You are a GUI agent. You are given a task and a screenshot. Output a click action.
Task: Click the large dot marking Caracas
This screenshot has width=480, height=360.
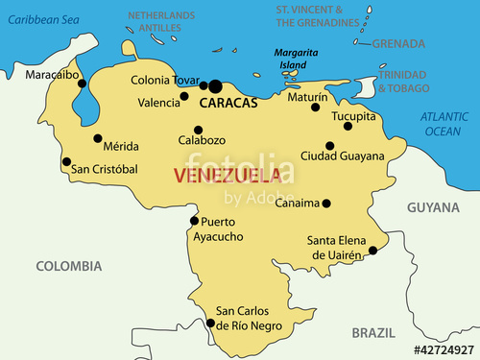pyautogui.click(x=215, y=86)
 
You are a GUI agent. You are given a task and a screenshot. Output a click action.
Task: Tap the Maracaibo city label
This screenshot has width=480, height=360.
pyautogui.click(x=51, y=74)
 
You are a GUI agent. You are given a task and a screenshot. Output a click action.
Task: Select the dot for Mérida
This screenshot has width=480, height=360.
pyautogui.click(x=97, y=138)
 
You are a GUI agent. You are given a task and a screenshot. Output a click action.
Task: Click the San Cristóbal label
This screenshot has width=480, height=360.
pyautogui.click(x=105, y=169)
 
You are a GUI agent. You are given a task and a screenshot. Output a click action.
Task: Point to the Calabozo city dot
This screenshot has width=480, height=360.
pyautogui.click(x=198, y=130)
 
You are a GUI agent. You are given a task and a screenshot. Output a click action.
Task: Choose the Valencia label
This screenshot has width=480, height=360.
pyautogui.click(x=158, y=102)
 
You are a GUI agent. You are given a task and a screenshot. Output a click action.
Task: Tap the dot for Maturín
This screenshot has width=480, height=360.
pyautogui.click(x=315, y=107)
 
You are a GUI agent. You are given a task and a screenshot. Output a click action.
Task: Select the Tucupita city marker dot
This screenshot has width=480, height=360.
pyautogui.click(x=348, y=126)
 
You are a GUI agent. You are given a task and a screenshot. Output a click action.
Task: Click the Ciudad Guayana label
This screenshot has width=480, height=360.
pyautogui.click(x=342, y=156)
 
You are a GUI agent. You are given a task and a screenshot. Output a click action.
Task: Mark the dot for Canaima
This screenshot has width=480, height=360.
pyautogui.click(x=326, y=204)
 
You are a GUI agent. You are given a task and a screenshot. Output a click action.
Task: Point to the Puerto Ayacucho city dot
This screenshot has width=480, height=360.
pyautogui.click(x=194, y=221)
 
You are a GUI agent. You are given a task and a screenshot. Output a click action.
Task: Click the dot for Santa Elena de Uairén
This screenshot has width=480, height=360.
pyautogui.click(x=372, y=252)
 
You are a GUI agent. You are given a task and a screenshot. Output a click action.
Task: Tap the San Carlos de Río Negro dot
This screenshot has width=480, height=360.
pyautogui.click(x=211, y=324)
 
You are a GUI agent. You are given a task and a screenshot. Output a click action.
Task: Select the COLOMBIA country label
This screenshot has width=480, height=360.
pyautogui.click(x=68, y=265)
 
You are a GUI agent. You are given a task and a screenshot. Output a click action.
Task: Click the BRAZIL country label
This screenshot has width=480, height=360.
pyautogui.click(x=373, y=332)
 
